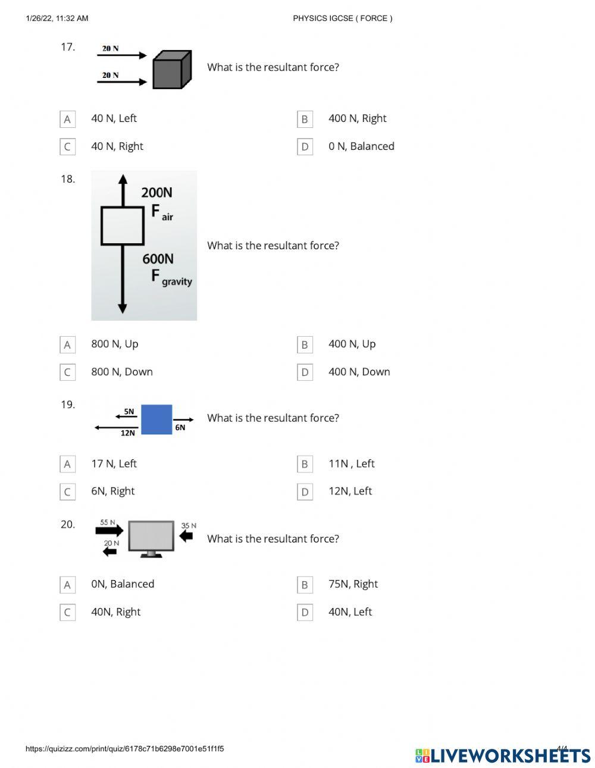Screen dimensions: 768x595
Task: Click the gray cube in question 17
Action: tap(172, 70)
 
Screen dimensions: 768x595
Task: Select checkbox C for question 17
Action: tap(67, 146)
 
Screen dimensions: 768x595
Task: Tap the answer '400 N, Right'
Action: tap(357, 118)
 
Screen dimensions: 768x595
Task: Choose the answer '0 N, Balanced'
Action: tap(361, 146)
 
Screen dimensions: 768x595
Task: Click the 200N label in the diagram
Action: tap(156, 192)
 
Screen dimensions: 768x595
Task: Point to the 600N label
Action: tap(158, 259)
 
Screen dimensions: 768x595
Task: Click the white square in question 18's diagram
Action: tap(123, 226)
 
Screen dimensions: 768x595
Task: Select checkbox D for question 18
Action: tap(305, 372)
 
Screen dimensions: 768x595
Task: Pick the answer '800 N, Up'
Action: tap(115, 344)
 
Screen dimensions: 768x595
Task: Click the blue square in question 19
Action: tap(156, 419)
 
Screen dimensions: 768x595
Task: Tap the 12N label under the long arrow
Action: tap(128, 433)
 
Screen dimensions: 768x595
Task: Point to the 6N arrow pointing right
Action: tap(183, 419)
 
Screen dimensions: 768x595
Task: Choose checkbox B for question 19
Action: tap(305, 464)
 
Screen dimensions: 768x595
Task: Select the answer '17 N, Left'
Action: tap(114, 463)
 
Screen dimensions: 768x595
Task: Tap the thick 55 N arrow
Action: tap(109, 531)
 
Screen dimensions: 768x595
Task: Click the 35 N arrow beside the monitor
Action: tap(186, 536)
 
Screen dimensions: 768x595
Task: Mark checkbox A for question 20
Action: tap(67, 585)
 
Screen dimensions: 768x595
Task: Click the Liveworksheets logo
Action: tap(502, 755)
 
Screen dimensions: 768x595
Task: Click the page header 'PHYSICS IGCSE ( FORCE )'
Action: tap(343, 18)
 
